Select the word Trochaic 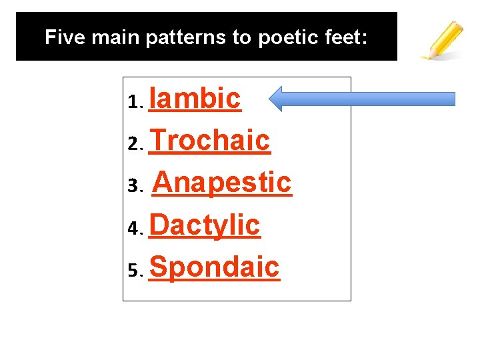coord(210,141)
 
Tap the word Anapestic coord(222,182)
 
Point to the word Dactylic coord(205,225)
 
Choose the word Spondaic coord(215,267)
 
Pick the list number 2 coord(134,144)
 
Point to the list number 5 coord(134,271)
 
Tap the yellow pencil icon coord(442,40)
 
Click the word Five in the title coord(65,37)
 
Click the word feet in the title coord(344,37)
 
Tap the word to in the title coord(241,37)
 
